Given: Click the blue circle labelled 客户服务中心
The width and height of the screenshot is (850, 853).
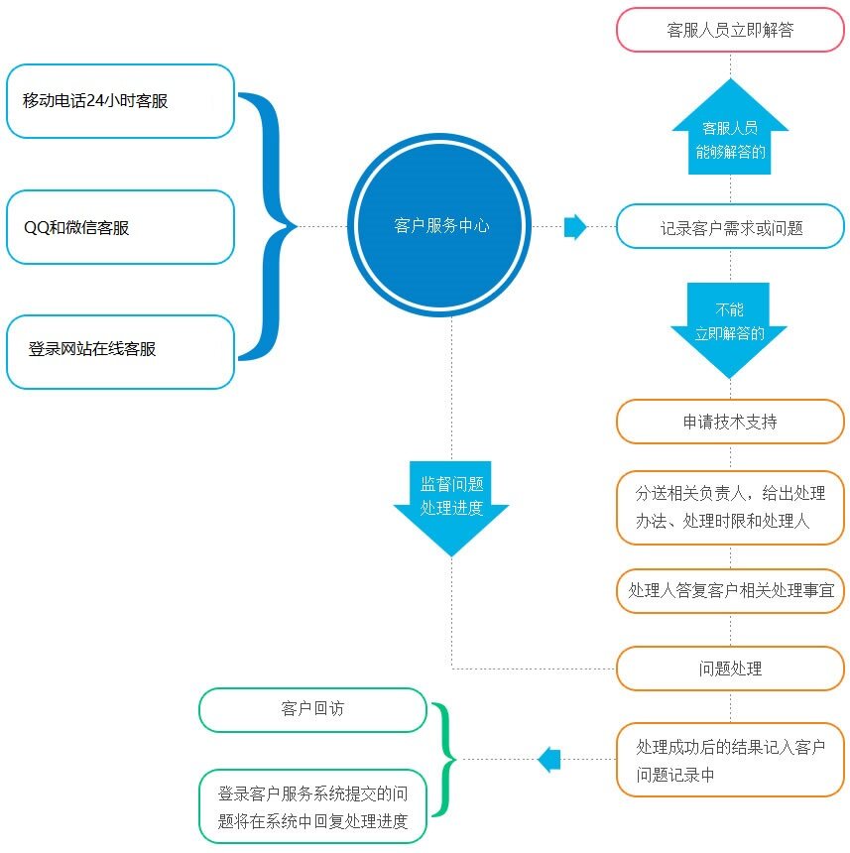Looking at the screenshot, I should [x=441, y=227].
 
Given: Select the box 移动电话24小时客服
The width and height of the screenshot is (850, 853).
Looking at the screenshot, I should [x=120, y=101].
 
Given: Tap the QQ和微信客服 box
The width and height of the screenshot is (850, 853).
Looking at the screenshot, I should [x=120, y=227].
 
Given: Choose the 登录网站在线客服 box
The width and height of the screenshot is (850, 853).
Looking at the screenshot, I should [x=120, y=351].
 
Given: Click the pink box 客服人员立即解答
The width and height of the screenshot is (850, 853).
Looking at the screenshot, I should [x=730, y=30].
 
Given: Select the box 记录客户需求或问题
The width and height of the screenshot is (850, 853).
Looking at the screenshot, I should [x=730, y=227].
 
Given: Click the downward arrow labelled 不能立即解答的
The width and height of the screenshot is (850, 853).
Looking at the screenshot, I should [x=730, y=327].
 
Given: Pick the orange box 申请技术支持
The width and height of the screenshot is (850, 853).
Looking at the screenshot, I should [x=730, y=422].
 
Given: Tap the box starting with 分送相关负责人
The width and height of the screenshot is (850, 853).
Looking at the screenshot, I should [x=730, y=507].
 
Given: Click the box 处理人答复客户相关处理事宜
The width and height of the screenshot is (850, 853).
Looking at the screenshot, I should [x=730, y=590].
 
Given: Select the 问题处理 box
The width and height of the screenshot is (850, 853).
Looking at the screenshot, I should [x=730, y=669].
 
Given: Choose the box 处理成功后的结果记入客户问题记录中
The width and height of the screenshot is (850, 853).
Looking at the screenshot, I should [x=730, y=760].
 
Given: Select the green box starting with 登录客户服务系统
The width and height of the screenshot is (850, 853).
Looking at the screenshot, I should [x=312, y=805].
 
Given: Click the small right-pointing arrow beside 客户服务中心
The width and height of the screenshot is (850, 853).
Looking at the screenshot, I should [x=575, y=227].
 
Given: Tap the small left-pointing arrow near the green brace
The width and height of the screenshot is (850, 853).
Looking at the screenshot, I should [x=549, y=760].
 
